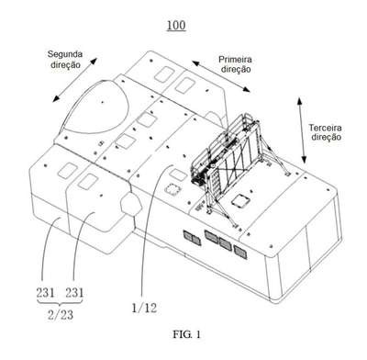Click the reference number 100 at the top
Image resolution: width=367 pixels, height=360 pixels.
(x=176, y=25)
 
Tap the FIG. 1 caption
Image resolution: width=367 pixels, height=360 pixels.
(x=187, y=334)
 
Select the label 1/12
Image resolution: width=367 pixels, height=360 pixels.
(x=144, y=308)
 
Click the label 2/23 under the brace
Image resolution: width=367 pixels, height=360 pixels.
(x=61, y=315)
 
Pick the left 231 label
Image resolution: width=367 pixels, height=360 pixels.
(x=45, y=293)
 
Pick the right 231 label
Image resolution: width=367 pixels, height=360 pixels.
(x=74, y=293)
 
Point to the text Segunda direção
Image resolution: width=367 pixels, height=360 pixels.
(x=65, y=60)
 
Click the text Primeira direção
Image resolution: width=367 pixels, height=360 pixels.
(x=236, y=64)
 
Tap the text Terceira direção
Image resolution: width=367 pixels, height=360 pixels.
(x=326, y=132)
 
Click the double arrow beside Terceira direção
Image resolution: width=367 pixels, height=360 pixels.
(x=302, y=130)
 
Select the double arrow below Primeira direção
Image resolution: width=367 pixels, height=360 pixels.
(x=221, y=76)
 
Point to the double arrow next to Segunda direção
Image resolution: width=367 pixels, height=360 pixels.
(x=74, y=80)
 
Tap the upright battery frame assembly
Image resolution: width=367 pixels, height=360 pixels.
(x=232, y=159)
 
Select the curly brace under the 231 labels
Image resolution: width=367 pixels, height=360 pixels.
(x=60, y=302)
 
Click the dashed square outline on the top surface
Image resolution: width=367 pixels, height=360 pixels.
(x=173, y=189)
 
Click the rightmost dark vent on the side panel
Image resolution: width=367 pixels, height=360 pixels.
(x=240, y=252)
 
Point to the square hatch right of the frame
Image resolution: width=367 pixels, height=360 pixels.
(x=240, y=201)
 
